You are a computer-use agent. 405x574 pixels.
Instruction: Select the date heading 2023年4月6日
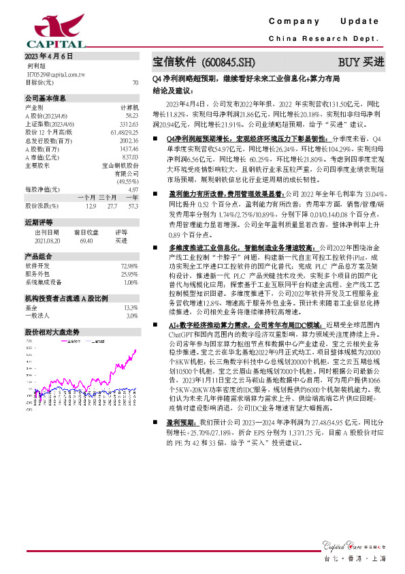click(x=48, y=56)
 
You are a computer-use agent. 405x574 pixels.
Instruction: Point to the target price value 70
click(x=135, y=82)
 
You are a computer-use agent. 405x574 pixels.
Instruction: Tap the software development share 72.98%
click(x=129, y=266)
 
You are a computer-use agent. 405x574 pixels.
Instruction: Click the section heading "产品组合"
click(x=39, y=256)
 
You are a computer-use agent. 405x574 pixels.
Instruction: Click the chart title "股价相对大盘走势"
click(x=52, y=331)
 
